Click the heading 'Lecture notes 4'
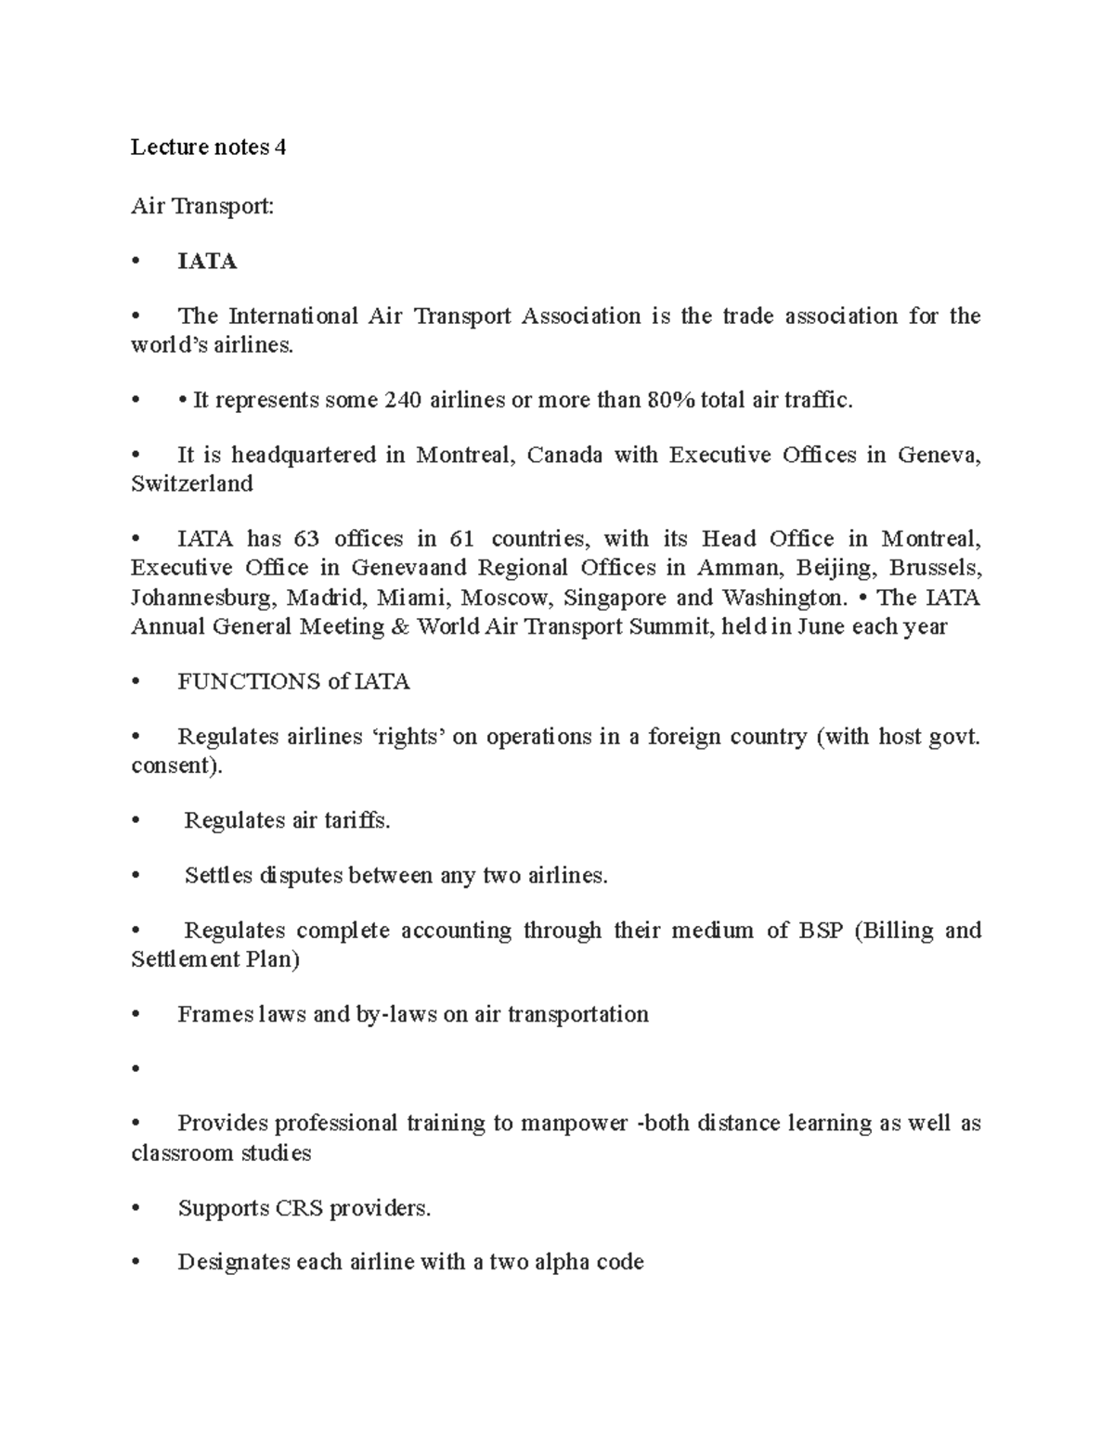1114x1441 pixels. coord(208,147)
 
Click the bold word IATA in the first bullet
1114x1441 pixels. coord(207,262)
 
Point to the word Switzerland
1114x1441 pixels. coord(192,483)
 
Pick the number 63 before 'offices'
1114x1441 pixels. coord(305,538)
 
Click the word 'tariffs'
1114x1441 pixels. coord(356,820)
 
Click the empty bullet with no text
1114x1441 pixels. coord(136,1069)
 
